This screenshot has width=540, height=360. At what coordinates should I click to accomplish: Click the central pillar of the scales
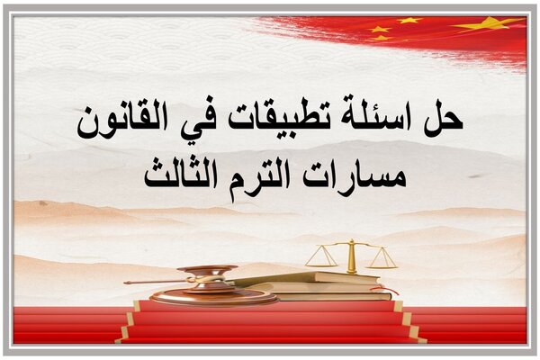tap(351, 256)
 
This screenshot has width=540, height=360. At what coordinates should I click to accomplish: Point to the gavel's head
tap(210, 278)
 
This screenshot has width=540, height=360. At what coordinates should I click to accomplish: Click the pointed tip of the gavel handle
tap(125, 283)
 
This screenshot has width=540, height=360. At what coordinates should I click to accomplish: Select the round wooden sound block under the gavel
tap(213, 297)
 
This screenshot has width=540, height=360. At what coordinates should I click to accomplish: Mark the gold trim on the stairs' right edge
tap(410, 321)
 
